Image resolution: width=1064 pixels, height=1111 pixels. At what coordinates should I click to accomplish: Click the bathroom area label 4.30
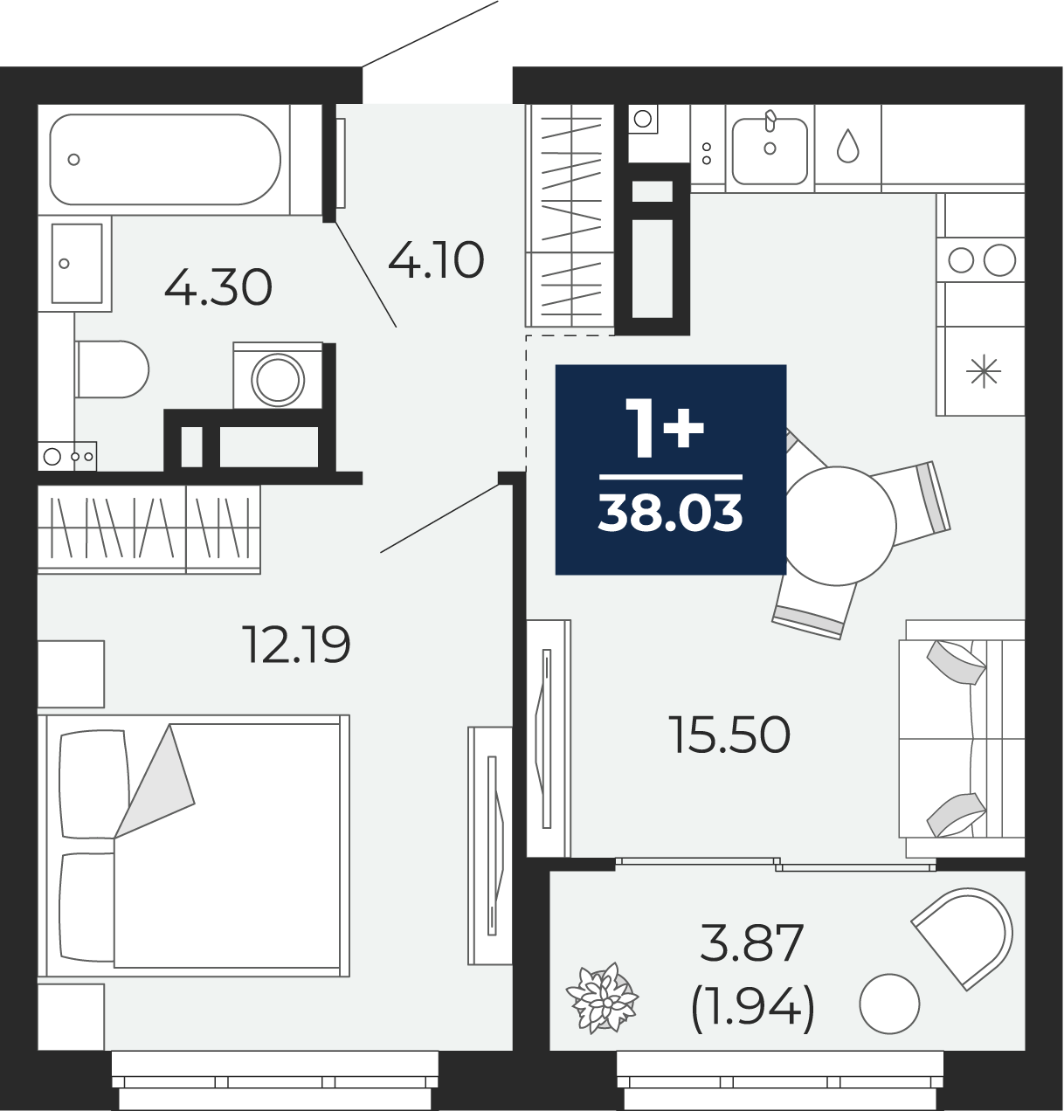coord(218,287)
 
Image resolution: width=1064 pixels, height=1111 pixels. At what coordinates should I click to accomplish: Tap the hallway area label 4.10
coord(436,259)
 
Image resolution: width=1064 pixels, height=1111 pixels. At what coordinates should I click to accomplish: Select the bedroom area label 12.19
coord(296,645)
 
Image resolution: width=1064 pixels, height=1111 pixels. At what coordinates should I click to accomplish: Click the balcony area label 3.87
coord(751,942)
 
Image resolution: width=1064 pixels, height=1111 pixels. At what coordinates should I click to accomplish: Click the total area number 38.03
coord(671,513)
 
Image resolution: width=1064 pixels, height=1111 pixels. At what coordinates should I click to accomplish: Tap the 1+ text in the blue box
coord(665,428)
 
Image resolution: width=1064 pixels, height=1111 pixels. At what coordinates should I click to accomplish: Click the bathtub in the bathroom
coord(165,159)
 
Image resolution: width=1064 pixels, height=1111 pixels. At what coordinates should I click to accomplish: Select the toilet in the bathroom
coord(112,369)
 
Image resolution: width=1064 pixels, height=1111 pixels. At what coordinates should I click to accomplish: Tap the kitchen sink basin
coord(770,151)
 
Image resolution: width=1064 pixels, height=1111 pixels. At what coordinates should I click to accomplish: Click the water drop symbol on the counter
coord(847,146)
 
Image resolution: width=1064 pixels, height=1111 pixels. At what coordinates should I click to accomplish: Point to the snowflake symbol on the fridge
coord(984,372)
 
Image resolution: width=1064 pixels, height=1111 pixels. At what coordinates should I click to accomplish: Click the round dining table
coord(837,526)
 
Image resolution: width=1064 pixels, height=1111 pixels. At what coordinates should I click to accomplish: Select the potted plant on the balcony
coord(602,998)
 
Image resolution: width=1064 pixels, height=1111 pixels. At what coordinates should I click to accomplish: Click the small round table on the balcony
coord(889,1003)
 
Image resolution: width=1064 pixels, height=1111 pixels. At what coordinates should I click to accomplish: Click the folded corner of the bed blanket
coord(155,782)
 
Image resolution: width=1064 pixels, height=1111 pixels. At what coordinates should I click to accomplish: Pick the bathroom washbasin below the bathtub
coord(76,263)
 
